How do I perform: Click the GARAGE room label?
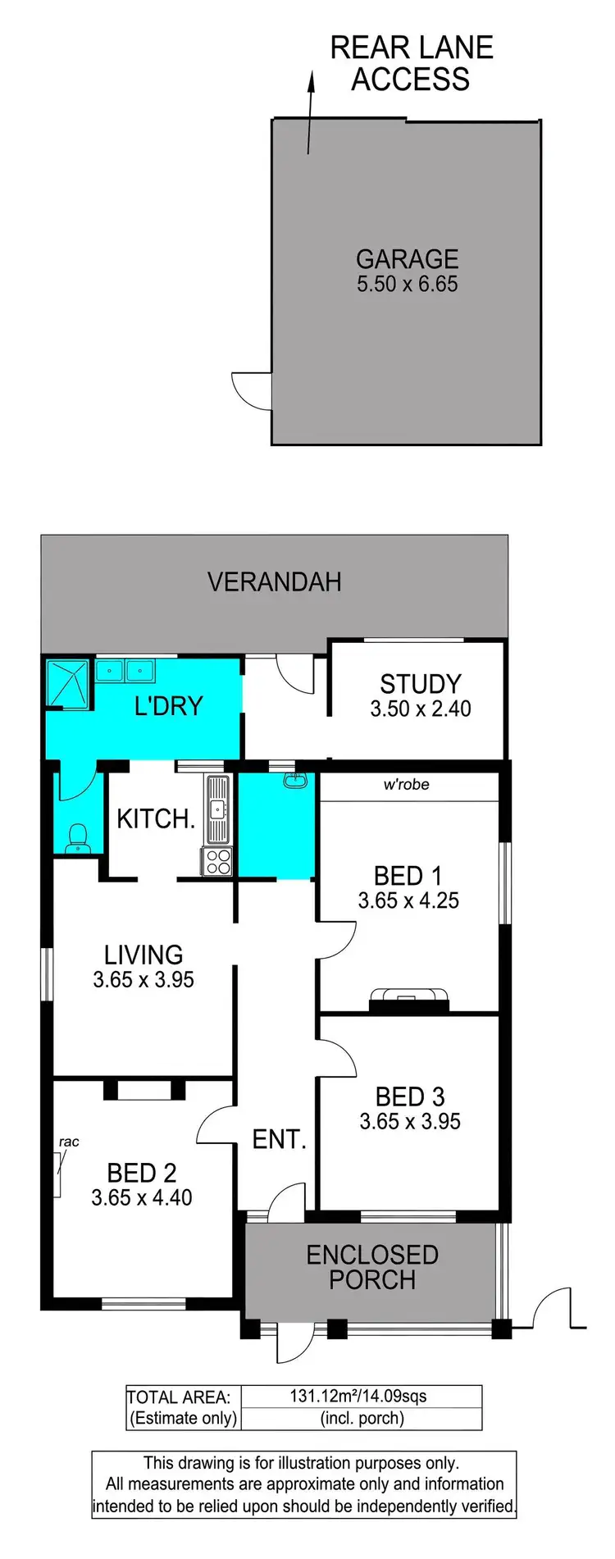coord(407,259)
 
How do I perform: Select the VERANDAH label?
coord(274,582)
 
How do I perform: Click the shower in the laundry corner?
coord(67,683)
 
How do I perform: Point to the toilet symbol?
coord(77,836)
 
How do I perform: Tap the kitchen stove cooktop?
coord(217,861)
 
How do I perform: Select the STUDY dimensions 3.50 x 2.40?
coord(420,709)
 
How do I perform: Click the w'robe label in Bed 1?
coord(407,785)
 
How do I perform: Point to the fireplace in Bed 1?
coord(409,998)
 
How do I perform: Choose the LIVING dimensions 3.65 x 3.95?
coord(143,980)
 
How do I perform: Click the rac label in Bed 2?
coord(69,1142)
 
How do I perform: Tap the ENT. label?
coord(279,1139)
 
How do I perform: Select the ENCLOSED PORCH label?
coord(372,1267)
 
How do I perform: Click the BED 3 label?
coord(409,1096)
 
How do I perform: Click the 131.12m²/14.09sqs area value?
coord(358,1396)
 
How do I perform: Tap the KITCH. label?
coord(156,818)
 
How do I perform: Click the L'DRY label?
coord(168,706)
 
